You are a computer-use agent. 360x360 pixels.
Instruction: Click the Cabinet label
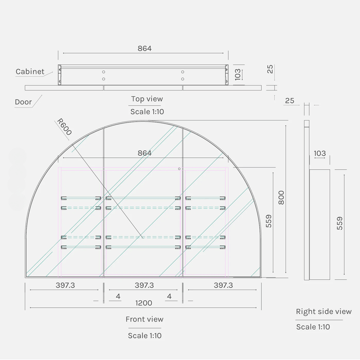coord(30,71)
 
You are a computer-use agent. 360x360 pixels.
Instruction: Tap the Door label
coord(23,102)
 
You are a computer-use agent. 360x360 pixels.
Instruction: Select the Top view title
coord(147,99)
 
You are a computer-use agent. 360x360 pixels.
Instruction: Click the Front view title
coord(145,319)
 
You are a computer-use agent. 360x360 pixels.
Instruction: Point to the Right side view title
coord(323,312)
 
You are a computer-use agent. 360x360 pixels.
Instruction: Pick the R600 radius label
coord(64,127)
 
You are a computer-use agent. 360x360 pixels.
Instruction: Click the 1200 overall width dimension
coord(143,303)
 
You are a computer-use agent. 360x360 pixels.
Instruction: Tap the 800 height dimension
coord(281,197)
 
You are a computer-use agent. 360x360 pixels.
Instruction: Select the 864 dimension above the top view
coord(145,48)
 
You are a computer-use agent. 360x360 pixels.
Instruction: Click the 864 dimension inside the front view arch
coord(145,153)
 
